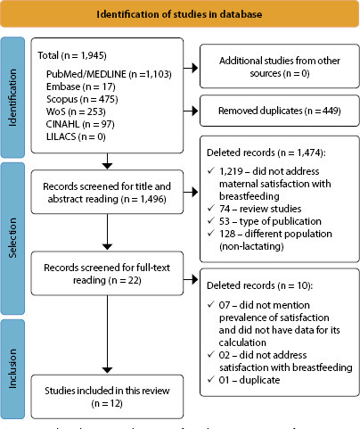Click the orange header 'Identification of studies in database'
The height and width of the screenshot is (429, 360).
tap(179, 16)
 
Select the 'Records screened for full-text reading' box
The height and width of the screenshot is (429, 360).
tap(107, 268)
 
